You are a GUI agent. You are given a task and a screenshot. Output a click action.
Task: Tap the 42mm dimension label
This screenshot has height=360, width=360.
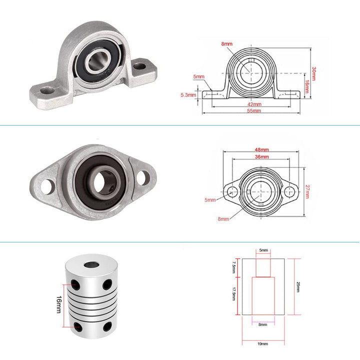point(254,104)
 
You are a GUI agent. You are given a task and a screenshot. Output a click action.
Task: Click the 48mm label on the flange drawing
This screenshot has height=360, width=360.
point(261,149)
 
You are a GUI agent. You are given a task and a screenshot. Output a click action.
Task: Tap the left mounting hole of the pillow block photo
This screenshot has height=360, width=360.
point(48,90)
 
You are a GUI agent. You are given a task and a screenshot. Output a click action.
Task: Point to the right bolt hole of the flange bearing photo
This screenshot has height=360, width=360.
point(142,176)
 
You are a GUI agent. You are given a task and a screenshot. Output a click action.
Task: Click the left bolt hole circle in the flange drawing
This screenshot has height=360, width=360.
point(231,191)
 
